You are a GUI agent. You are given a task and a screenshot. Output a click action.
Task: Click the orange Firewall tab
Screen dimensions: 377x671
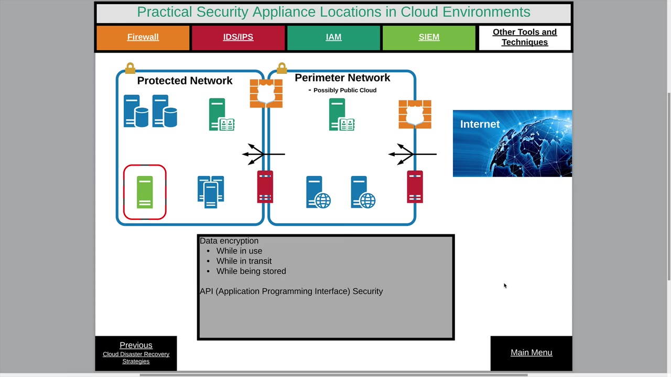(143, 37)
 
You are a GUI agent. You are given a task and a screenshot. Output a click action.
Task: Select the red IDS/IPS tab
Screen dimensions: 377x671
(238, 37)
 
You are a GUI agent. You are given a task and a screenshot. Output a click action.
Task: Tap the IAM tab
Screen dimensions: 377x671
(333, 37)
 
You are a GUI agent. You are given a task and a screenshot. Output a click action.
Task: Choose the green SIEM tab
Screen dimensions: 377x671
(429, 37)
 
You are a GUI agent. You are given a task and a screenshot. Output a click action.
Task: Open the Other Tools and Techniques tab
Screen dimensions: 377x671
(524, 37)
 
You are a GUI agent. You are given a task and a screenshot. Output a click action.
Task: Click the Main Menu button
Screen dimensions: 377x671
(531, 352)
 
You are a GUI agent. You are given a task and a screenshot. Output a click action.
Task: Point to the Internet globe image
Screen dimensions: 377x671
(512, 143)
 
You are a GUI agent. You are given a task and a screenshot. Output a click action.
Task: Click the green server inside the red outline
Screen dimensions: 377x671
(145, 192)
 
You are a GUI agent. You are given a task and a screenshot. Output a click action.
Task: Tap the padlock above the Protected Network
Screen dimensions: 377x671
(130, 68)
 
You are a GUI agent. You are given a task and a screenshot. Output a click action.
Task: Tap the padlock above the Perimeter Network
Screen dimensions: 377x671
(282, 68)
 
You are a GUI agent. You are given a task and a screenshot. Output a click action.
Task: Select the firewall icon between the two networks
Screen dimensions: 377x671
(266, 93)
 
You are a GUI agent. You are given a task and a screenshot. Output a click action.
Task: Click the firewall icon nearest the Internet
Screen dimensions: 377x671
(415, 114)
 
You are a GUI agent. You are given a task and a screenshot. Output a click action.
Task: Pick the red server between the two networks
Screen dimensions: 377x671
(265, 187)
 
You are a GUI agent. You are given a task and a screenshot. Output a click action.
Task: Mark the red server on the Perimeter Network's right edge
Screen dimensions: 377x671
(415, 187)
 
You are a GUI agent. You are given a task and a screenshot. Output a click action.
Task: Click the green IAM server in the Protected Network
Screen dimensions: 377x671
(221, 115)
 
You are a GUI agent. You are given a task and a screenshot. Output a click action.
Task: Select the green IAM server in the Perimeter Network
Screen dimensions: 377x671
(341, 115)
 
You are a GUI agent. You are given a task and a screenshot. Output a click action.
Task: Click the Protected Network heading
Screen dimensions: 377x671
(185, 81)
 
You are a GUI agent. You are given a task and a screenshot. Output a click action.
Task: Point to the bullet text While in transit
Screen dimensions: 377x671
(244, 261)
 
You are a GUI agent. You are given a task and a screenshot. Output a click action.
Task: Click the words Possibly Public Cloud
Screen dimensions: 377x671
(344, 90)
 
